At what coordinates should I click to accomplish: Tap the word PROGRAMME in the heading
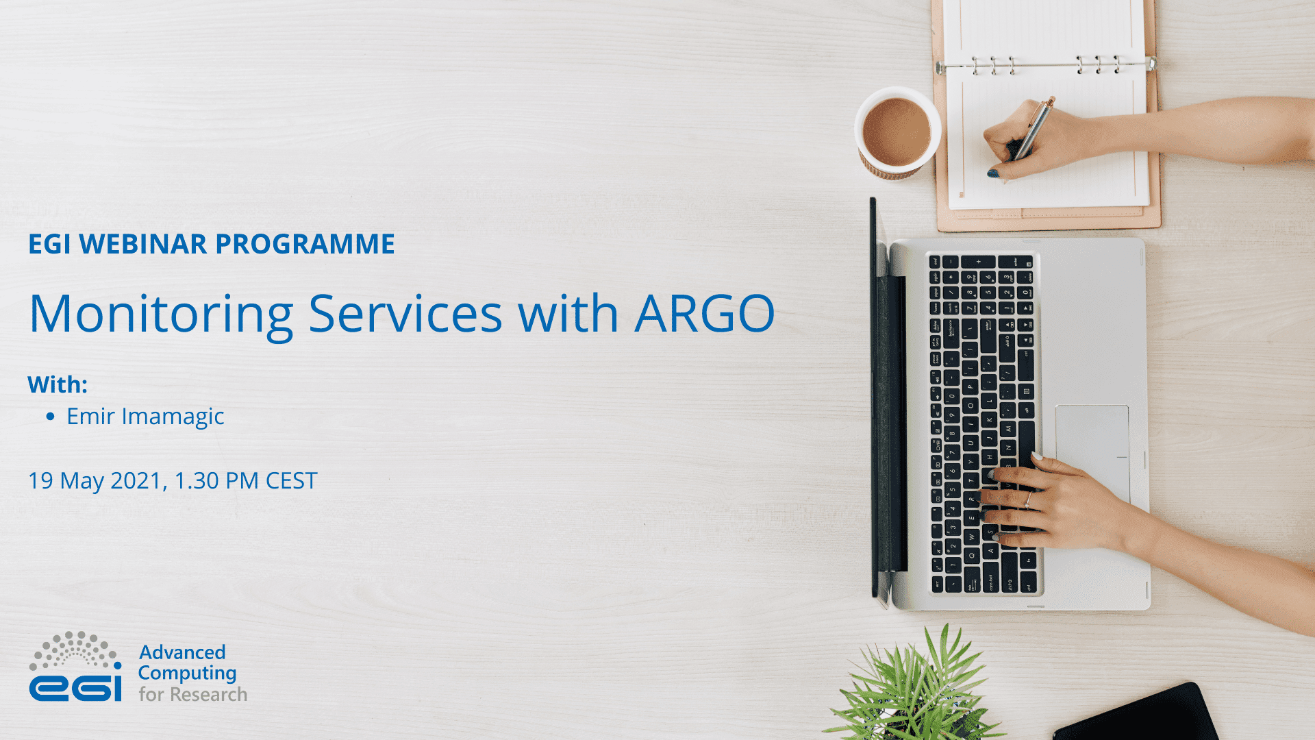tap(305, 244)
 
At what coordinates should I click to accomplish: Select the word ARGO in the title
tap(705, 314)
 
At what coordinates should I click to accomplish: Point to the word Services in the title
tap(405, 314)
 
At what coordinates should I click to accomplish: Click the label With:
tap(58, 384)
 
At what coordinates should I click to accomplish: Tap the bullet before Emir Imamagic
tap(50, 417)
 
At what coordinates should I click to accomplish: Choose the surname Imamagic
tap(173, 417)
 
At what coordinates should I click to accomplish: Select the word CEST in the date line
tap(291, 481)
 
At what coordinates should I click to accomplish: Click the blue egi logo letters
tap(75, 687)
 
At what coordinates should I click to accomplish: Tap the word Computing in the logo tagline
tap(187, 674)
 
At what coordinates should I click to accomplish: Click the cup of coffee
tap(897, 132)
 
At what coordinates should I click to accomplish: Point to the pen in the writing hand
tap(1031, 130)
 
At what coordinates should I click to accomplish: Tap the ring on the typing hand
tap(1027, 500)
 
